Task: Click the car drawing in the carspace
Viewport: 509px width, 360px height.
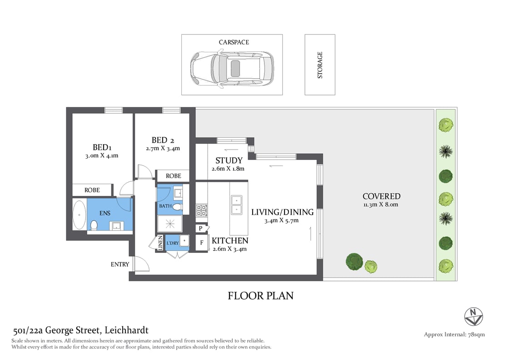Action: pos(232,68)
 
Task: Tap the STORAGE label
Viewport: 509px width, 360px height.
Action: pos(320,65)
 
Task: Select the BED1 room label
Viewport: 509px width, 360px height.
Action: pos(102,147)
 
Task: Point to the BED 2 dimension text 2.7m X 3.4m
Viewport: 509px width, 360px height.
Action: pos(163,148)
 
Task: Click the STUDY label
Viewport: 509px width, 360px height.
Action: pos(229,160)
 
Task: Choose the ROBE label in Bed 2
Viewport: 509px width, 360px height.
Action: pos(173,176)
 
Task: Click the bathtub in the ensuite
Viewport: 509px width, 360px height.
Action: pos(80,215)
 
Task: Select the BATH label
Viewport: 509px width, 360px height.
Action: pos(165,206)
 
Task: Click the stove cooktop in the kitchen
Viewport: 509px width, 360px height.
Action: pos(201,210)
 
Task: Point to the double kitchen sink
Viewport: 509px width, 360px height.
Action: pos(236,205)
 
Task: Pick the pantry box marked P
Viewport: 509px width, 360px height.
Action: pos(200,229)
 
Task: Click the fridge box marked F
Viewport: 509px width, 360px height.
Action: pos(201,243)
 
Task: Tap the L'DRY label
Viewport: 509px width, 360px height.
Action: pos(172,243)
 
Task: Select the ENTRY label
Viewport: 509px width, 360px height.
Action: pos(120,264)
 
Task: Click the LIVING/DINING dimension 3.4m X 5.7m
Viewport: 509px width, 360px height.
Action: pos(282,220)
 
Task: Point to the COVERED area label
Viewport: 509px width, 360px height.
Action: pos(381,196)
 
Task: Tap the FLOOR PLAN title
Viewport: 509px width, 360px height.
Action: pos(260,296)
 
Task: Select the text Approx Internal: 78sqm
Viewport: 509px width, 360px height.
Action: pos(454,335)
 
